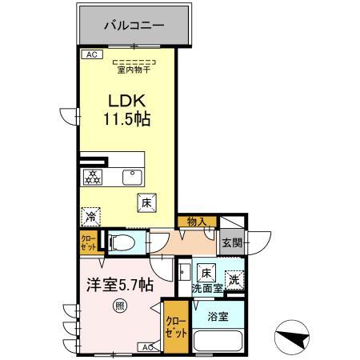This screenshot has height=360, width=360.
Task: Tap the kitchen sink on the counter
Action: (x=129, y=177)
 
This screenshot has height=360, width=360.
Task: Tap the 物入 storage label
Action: (x=197, y=222)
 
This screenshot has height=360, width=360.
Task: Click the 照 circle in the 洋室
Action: (x=119, y=304)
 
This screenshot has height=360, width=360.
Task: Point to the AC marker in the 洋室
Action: (x=148, y=347)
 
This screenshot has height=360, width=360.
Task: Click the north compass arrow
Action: (x=293, y=337)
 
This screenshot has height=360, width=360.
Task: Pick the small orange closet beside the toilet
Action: (x=86, y=242)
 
